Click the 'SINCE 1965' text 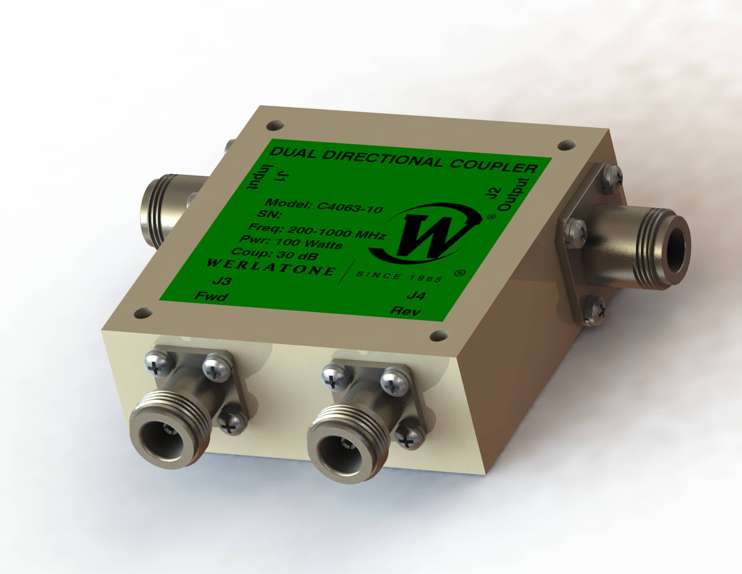click(x=398, y=277)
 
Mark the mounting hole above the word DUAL click(x=273, y=125)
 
